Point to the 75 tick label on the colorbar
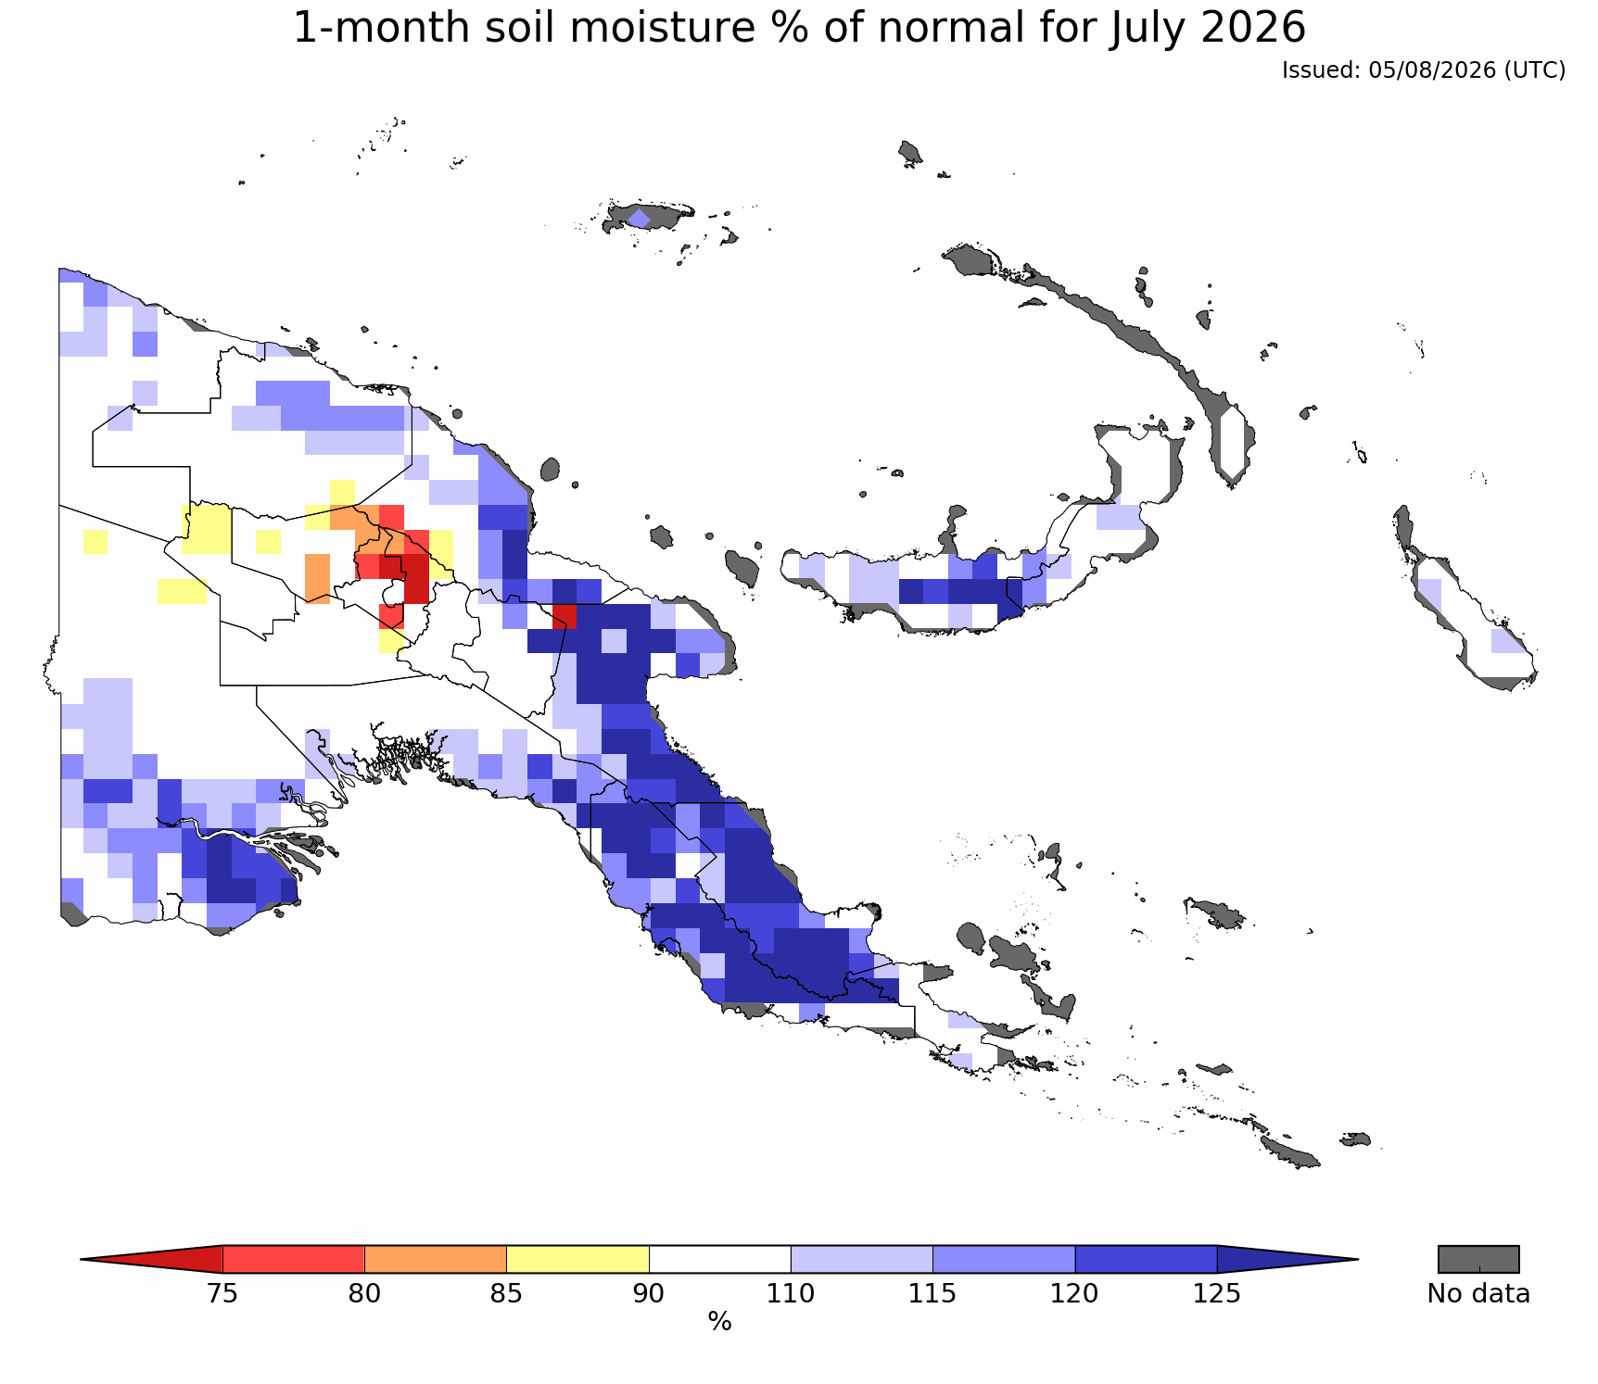click(222, 1293)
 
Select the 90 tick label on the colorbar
click(649, 1293)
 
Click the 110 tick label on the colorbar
click(791, 1293)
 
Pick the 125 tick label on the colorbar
click(1216, 1293)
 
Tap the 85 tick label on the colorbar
click(507, 1293)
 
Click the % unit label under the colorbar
click(719, 1322)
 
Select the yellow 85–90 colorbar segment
click(577, 1259)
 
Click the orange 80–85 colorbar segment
click(436, 1259)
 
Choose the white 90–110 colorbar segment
click(719, 1259)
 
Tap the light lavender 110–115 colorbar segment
click(861, 1259)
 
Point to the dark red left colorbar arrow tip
click(82, 1259)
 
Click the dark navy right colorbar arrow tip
click(1357, 1259)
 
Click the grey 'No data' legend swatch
click(1478, 1259)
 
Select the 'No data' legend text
click(1478, 1293)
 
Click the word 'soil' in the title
click(537, 29)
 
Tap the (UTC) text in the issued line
click(1535, 70)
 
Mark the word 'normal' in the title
click(936, 29)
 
